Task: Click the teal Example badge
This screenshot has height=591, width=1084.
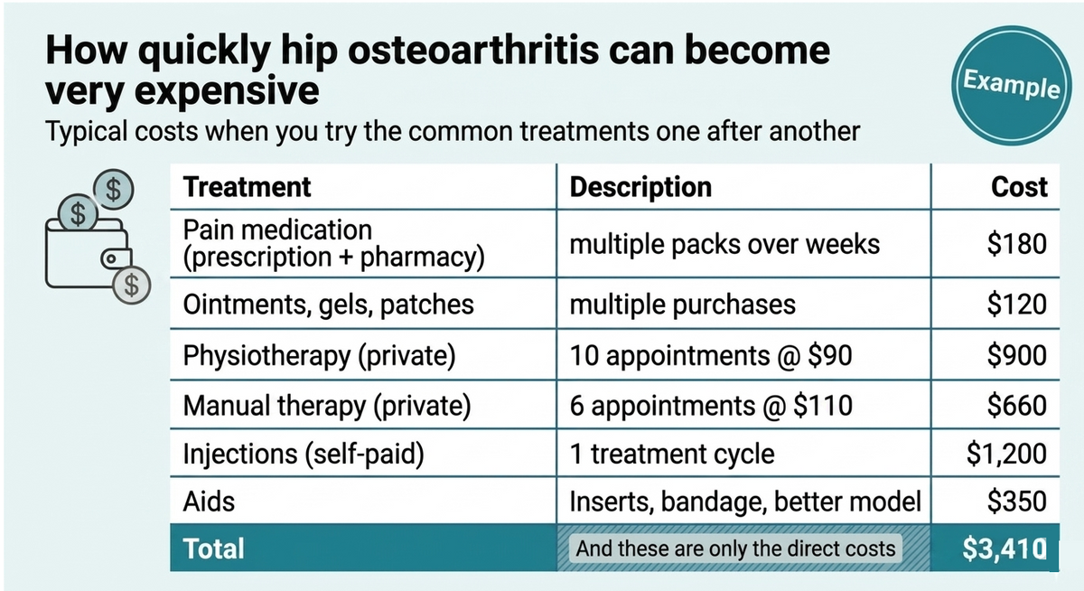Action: tap(1011, 86)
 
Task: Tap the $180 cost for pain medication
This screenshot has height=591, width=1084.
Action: tap(1017, 244)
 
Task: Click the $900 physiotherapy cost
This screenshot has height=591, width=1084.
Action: tap(1017, 355)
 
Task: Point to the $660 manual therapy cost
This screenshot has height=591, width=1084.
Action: tap(1017, 405)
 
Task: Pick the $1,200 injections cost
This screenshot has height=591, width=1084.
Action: tap(1006, 454)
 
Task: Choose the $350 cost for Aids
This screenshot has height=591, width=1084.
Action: tap(1017, 501)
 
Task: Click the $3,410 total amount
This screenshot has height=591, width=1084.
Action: tap(1005, 549)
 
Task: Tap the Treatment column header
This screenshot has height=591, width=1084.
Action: tap(247, 187)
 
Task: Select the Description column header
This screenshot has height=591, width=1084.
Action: tap(640, 187)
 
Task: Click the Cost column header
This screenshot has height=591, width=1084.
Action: tap(1019, 187)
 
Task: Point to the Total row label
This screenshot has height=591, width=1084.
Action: tap(213, 549)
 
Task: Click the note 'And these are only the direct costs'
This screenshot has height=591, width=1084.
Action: tap(735, 549)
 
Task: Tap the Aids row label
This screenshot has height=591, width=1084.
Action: tap(209, 501)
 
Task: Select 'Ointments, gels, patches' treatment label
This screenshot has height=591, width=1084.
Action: tap(328, 305)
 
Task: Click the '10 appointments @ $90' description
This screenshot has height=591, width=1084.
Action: tap(711, 356)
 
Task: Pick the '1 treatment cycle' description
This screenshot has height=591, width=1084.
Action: tap(672, 455)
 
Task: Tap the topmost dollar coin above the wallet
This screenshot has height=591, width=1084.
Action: tap(113, 189)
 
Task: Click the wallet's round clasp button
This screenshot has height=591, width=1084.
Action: tap(111, 259)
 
